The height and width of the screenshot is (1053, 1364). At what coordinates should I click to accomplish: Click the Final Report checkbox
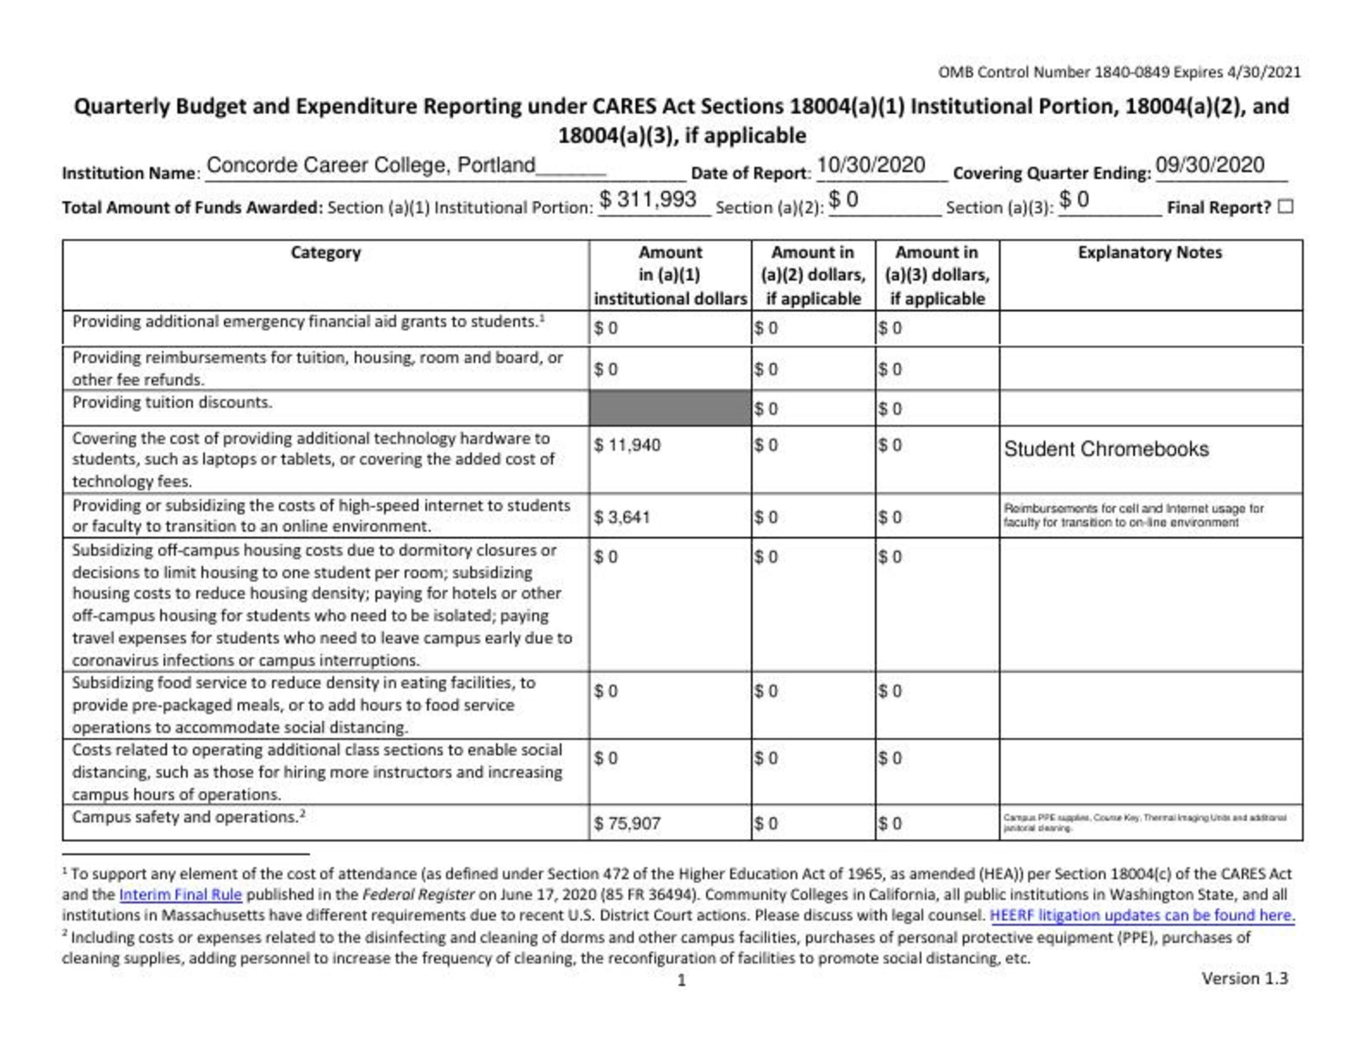[x=1285, y=207]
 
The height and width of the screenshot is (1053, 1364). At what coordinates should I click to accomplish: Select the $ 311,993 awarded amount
[x=648, y=200]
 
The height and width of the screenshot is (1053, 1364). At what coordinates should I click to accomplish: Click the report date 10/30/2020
[x=870, y=165]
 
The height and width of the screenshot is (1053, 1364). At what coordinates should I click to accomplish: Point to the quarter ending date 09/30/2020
[x=1210, y=165]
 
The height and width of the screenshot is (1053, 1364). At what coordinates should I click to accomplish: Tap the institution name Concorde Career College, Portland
[x=371, y=165]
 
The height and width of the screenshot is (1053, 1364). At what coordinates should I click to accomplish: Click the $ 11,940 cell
[x=627, y=445]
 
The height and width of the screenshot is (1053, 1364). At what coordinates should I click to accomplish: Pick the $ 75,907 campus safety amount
[x=627, y=823]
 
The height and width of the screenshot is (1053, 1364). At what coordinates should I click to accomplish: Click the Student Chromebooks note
[x=1106, y=449]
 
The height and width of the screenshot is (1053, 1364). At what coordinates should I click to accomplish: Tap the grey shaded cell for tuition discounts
[x=670, y=408]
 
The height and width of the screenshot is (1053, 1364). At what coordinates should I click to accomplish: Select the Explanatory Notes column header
[x=1150, y=253]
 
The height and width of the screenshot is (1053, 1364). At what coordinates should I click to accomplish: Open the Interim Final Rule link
[x=181, y=894]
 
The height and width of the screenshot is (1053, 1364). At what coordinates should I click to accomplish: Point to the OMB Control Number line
[x=1119, y=72]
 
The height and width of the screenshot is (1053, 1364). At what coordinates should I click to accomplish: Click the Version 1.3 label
[x=1245, y=978]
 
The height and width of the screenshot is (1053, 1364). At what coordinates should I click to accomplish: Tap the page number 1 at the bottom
[x=682, y=980]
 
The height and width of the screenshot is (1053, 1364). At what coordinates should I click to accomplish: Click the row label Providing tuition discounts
[x=172, y=402]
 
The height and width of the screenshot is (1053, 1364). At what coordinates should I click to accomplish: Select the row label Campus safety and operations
[x=186, y=817]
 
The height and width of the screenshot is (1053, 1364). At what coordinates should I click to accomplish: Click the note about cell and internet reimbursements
[x=1133, y=516]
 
